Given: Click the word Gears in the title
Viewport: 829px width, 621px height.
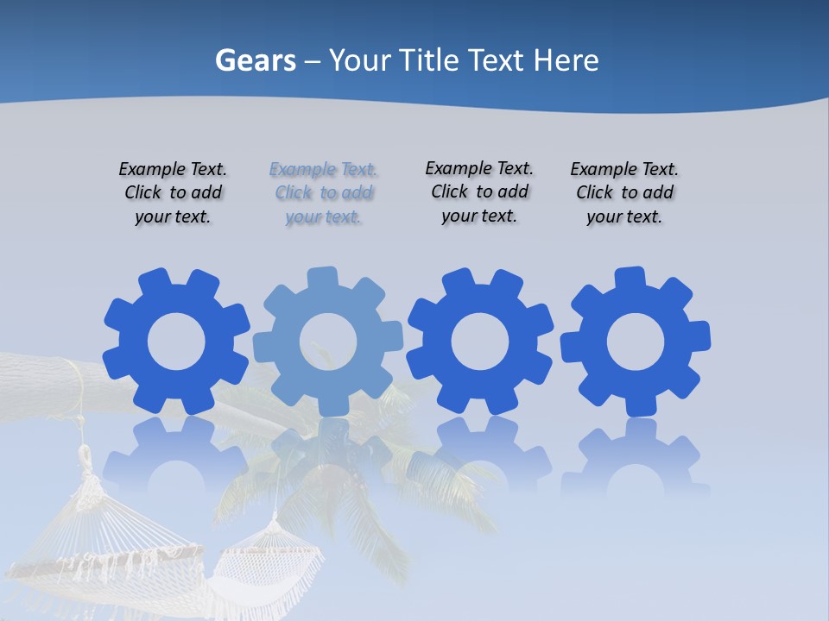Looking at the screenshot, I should [x=255, y=60].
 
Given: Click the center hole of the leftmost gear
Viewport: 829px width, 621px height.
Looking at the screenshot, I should [x=176, y=342].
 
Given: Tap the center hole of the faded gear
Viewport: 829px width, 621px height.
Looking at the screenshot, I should [x=328, y=342].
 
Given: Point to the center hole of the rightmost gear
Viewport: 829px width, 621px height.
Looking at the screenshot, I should [x=636, y=342].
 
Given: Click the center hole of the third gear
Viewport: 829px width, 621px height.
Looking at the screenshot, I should [x=480, y=342].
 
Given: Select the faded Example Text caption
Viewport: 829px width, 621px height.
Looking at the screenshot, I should [x=323, y=193].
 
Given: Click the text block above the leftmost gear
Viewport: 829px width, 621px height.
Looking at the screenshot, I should [x=173, y=193].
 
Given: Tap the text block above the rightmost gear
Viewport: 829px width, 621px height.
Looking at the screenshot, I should [x=624, y=193].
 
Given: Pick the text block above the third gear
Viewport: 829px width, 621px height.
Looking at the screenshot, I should [x=479, y=192].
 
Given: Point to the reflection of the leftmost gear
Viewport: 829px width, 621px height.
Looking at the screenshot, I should [x=176, y=453].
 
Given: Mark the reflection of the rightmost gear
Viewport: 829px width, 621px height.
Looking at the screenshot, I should [x=636, y=453].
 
